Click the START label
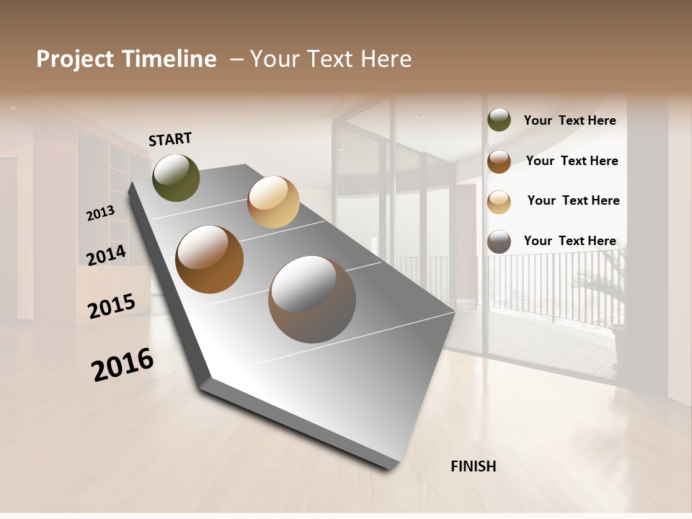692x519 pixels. pyautogui.click(x=170, y=139)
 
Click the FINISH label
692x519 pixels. pyautogui.click(x=474, y=466)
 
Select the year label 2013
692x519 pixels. pyautogui.click(x=100, y=213)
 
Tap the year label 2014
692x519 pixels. pyautogui.click(x=106, y=255)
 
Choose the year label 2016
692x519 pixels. pyautogui.click(x=123, y=365)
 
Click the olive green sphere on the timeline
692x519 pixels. pyautogui.click(x=176, y=177)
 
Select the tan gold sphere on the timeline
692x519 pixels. pyautogui.click(x=273, y=202)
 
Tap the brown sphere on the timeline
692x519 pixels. pyautogui.click(x=210, y=259)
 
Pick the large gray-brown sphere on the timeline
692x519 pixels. pyautogui.click(x=312, y=299)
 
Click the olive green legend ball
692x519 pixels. pyautogui.click(x=499, y=120)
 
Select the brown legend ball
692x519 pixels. pyautogui.click(x=499, y=161)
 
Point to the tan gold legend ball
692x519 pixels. pyautogui.click(x=499, y=202)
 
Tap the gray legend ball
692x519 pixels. pyautogui.click(x=499, y=241)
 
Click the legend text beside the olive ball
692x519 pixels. pyautogui.click(x=569, y=120)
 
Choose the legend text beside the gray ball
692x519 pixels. pyautogui.click(x=569, y=241)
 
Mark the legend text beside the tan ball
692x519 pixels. pyautogui.click(x=573, y=200)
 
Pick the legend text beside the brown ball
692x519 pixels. pyautogui.click(x=572, y=161)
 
